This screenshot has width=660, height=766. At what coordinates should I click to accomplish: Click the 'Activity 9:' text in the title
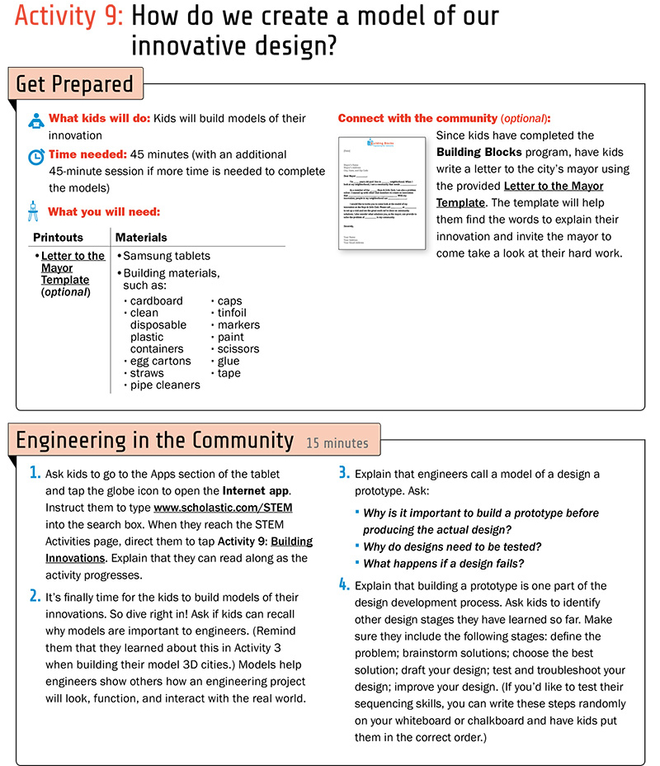coord(68,17)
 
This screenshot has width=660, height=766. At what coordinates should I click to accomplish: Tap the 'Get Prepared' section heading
coord(74,84)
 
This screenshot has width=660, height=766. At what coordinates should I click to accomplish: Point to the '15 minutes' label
coord(337,443)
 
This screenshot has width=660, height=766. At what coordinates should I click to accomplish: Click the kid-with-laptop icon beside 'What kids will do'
coord(35,120)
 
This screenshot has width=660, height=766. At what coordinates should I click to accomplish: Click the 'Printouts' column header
coord(58,238)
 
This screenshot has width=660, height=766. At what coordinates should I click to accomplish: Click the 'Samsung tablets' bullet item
coord(167,256)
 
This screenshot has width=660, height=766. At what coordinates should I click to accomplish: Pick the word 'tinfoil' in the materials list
coord(232,313)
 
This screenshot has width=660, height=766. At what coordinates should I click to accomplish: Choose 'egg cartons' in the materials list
coord(160,361)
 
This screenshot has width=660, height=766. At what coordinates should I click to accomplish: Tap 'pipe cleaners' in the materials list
coord(165,385)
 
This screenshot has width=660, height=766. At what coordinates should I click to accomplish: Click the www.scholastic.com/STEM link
coord(223,507)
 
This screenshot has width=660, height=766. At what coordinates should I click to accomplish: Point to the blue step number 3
coord(344,474)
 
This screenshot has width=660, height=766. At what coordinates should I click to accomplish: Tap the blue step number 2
coord(35,596)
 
